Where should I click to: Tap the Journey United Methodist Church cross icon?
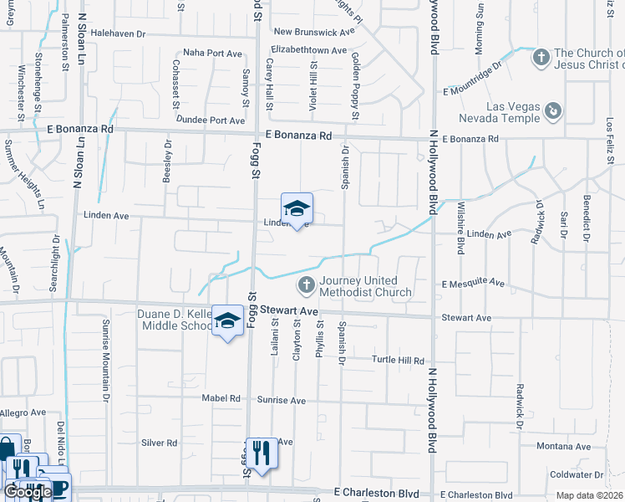coord(306,286)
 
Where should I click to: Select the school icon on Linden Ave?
coord(297,209)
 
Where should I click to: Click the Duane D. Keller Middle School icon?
coord(226,322)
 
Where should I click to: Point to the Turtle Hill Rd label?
coord(398,360)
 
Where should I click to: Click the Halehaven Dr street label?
coord(118,33)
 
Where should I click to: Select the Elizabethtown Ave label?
coord(309,50)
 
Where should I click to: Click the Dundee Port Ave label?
coord(215,120)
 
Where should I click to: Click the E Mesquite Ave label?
coord(474,284)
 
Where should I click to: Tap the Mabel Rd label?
coord(221,398)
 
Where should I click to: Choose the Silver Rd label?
coord(159,443)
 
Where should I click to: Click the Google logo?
coord(28,492)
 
